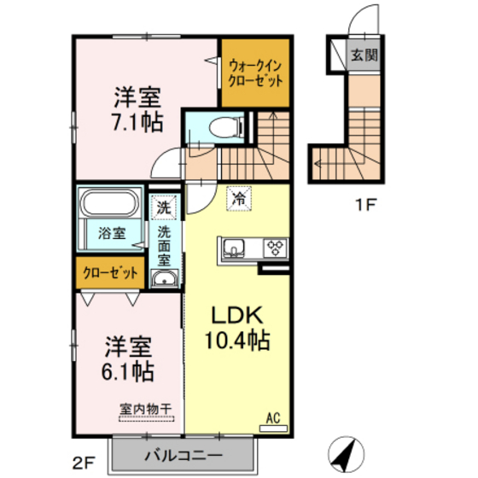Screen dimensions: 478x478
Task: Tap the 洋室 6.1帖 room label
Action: coord(129,358)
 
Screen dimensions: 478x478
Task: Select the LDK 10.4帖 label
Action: coord(236,327)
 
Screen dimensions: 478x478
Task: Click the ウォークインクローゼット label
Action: coord(254,73)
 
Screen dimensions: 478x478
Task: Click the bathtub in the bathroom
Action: coord(110,205)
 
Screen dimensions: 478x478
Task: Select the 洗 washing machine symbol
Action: coord(162,207)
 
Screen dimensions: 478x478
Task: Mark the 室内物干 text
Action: coord(145,408)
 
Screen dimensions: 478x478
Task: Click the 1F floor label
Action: coord(365,205)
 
